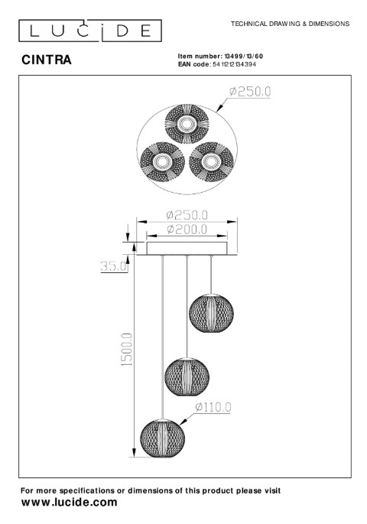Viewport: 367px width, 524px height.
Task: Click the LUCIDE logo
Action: [x=90, y=31]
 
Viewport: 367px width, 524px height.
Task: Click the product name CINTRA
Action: [x=47, y=60]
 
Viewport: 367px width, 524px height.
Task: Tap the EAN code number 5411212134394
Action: [x=234, y=64]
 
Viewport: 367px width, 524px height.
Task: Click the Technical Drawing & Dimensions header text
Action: [x=290, y=24]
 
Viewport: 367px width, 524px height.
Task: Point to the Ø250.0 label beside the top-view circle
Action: [x=250, y=92]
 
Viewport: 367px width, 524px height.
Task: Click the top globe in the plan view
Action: [x=187, y=124]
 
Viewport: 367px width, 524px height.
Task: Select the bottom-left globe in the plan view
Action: [x=163, y=162]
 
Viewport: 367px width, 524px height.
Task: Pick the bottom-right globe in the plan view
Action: [x=211, y=162]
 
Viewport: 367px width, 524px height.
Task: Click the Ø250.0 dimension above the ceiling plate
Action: [x=187, y=214]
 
